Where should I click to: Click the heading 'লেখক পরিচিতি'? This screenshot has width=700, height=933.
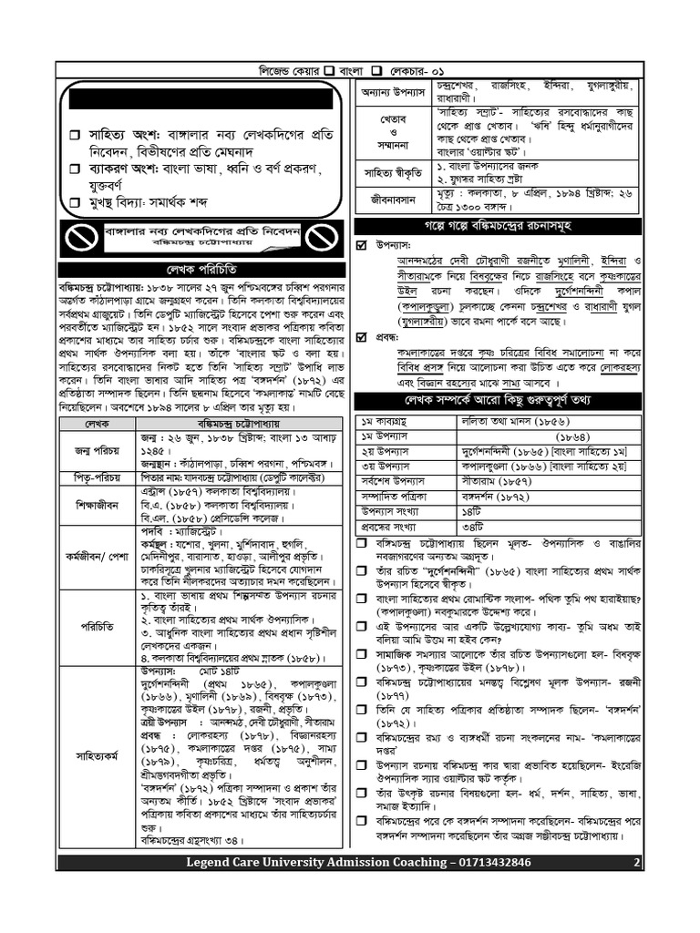coord(201,270)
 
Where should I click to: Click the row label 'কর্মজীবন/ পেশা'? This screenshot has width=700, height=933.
coord(96,555)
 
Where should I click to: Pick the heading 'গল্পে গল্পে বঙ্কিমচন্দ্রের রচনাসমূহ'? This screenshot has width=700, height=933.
coord(496,225)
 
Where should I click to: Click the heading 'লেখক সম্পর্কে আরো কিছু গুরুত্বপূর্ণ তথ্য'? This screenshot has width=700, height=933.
coord(496,400)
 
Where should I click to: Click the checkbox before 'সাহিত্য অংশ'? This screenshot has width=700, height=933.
coord(76,135)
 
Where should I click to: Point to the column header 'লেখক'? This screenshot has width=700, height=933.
coord(96,424)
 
